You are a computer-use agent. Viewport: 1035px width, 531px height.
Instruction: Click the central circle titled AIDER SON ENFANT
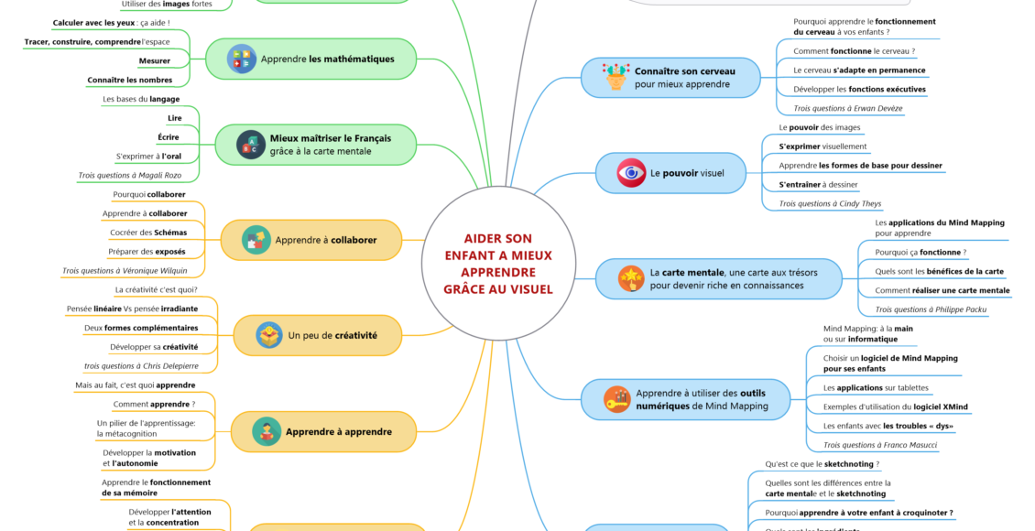point(496,264)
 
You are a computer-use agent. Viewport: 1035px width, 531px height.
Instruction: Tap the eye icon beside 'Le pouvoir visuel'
point(630,173)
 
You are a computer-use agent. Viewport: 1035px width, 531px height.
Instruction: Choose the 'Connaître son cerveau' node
point(670,77)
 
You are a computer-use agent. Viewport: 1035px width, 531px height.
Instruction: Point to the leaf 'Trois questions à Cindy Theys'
point(830,203)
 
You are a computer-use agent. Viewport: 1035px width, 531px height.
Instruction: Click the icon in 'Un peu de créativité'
point(268,335)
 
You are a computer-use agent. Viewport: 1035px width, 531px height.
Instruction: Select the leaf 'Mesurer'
point(154,60)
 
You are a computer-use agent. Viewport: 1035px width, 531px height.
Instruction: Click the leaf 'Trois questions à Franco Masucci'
point(880,445)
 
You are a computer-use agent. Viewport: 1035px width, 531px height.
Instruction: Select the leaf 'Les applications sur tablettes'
point(876,387)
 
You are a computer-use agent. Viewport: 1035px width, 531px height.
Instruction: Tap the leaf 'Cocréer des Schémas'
point(147,233)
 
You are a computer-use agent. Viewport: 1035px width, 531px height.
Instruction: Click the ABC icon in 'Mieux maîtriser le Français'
point(249,145)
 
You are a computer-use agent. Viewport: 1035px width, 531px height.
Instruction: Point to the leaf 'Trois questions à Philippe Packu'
point(931,309)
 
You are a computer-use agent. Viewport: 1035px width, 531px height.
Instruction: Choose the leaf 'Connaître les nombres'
point(129,80)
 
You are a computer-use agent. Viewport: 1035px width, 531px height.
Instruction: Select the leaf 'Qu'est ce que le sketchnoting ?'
point(822,464)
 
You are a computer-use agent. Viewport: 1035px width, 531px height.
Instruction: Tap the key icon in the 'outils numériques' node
point(616,399)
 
